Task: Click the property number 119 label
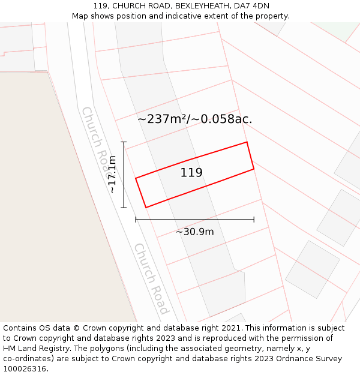point(191,173)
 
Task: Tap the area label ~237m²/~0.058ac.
point(194,119)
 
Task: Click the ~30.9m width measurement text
point(194,232)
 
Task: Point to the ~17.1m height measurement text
point(112,174)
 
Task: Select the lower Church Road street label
point(151,278)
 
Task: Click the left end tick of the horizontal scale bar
point(136,220)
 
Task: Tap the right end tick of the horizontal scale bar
point(254,220)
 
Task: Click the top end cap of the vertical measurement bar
point(124,142)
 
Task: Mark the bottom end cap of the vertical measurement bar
point(124,208)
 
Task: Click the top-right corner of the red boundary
point(247,142)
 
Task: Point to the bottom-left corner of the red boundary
point(146,208)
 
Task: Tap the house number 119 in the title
point(100,5)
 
